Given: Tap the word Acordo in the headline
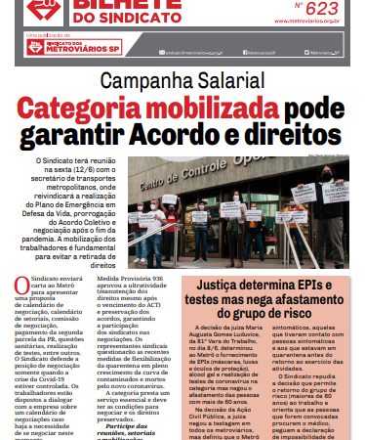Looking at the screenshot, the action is [204, 133].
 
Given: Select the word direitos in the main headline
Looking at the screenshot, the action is [302, 133].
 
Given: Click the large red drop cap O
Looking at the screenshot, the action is [22, 285].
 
